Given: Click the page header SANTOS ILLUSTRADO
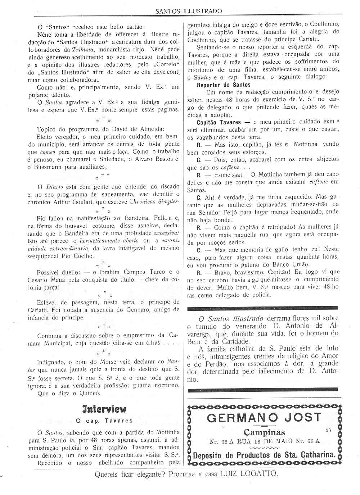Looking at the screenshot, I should (x=188, y=11).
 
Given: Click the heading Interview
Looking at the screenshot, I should (x=104, y=409).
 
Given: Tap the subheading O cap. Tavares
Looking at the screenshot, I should (x=104, y=421).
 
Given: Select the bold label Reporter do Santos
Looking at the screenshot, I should (x=224, y=85).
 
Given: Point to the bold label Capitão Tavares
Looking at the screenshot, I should (x=219, y=122).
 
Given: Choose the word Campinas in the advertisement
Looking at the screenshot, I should (x=264, y=432).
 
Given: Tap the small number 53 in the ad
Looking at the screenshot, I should (x=328, y=430).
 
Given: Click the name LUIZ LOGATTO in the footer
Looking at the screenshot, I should (x=249, y=473).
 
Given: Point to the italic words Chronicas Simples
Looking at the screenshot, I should (x=154, y=202).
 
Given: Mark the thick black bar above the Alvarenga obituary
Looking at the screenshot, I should (x=263, y=308).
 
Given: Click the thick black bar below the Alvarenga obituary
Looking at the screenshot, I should (x=263, y=389).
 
